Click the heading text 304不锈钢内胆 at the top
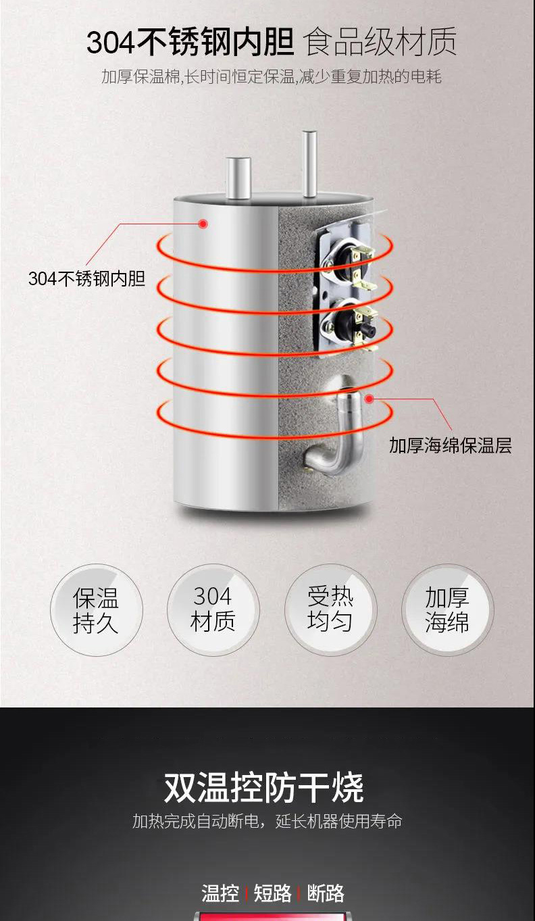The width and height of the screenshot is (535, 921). (x=190, y=41)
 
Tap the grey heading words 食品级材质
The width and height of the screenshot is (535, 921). (x=380, y=41)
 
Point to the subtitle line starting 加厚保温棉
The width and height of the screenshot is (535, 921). (x=271, y=77)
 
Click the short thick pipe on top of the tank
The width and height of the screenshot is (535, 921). (x=238, y=178)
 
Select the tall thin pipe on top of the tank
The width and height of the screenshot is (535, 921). (x=309, y=164)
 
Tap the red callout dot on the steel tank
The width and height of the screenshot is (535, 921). (x=203, y=224)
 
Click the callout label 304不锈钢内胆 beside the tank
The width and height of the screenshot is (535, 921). (x=86, y=278)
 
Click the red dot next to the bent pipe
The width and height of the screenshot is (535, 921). (x=370, y=399)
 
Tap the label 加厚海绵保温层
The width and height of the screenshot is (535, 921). (x=451, y=445)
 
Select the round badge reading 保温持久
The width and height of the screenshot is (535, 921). (x=96, y=609)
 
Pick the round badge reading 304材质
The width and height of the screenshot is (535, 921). (x=213, y=609)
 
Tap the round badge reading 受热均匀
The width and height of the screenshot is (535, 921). (x=330, y=609)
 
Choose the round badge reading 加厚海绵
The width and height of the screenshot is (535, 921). (x=447, y=609)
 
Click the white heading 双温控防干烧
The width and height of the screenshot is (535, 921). (x=264, y=788)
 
